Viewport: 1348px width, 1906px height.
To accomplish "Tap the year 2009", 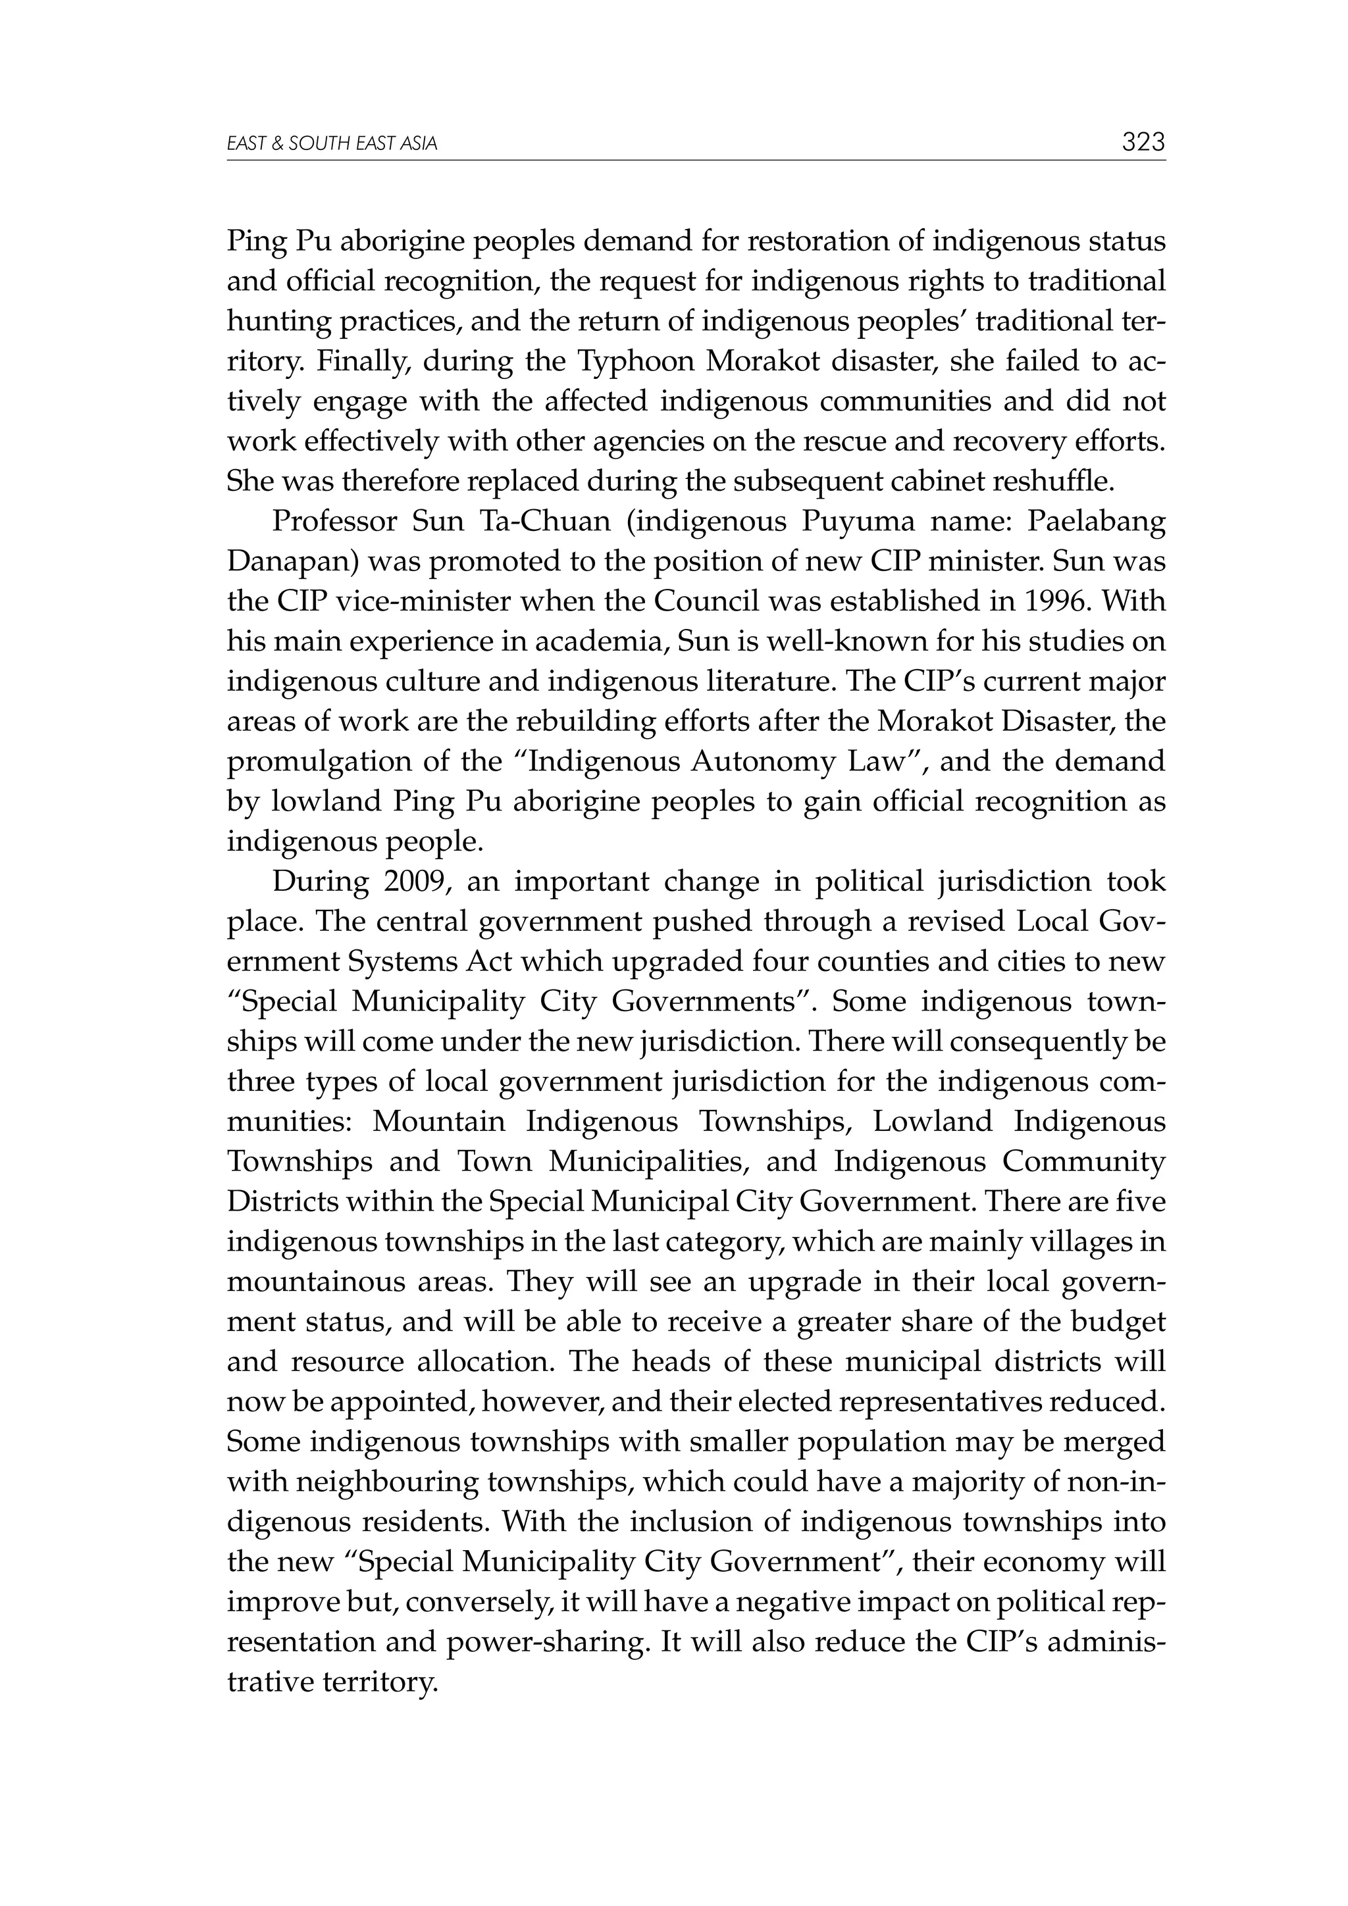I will coord(417,882).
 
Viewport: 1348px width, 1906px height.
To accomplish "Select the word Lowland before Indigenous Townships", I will coord(932,1122).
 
